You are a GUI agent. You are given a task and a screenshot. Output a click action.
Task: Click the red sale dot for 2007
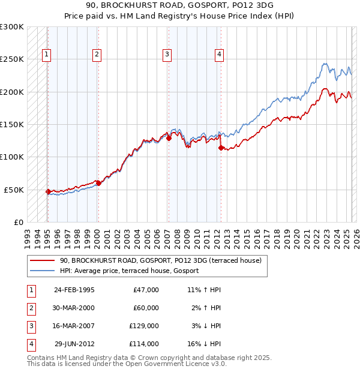coord(169,138)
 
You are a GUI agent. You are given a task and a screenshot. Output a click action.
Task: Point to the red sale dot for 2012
coord(221,148)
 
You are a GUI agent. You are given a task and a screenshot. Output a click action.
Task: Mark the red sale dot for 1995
coord(48,191)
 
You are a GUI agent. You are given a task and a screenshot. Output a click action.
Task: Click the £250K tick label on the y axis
coord(12,59)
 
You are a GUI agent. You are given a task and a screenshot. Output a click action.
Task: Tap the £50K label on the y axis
coord(14,190)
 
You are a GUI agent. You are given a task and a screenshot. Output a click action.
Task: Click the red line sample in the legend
coord(43,261)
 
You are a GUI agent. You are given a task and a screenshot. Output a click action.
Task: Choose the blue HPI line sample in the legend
coord(43,271)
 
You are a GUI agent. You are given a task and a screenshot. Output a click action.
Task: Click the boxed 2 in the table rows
coord(31,308)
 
